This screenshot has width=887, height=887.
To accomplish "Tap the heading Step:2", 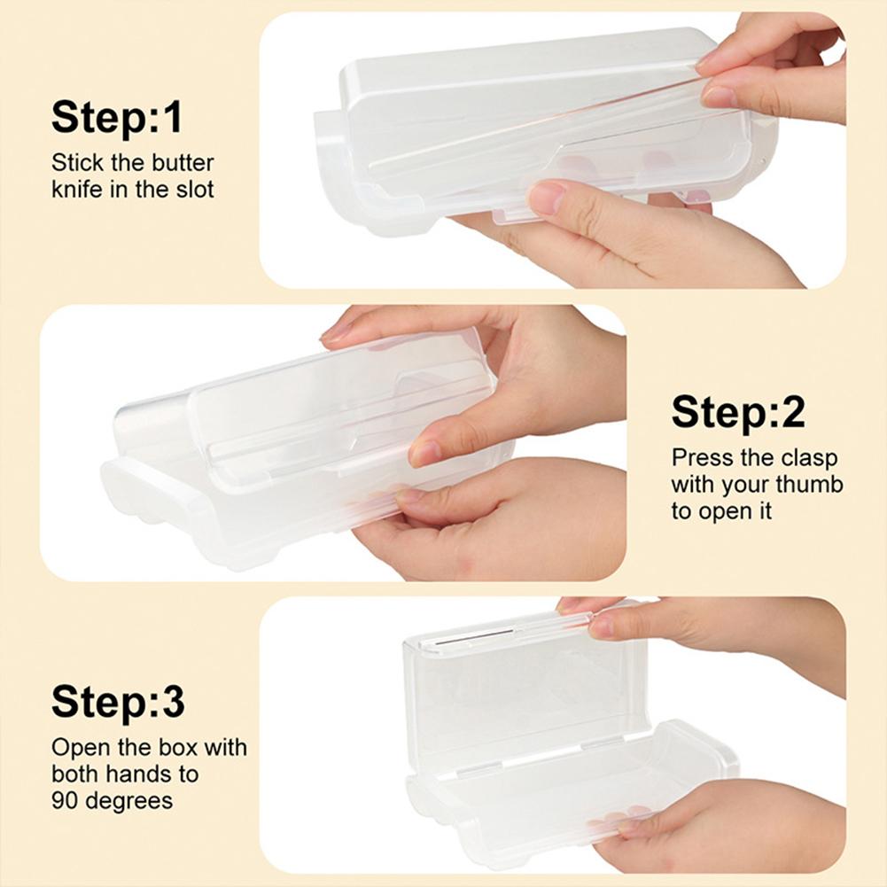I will click(x=738, y=412).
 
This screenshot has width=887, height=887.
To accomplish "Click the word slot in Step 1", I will click(x=193, y=190).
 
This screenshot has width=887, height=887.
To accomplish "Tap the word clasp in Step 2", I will click(x=806, y=458).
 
